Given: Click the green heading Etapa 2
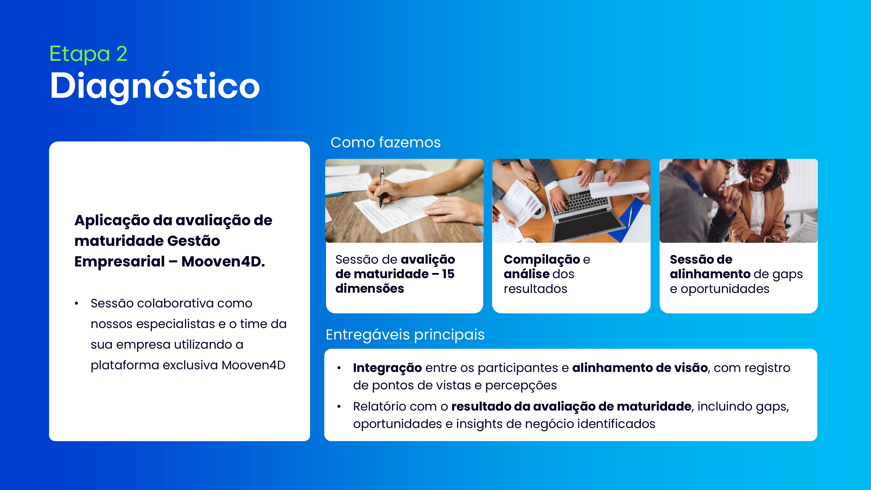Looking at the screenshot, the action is point(88,53).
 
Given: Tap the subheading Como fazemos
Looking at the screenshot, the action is point(386,142).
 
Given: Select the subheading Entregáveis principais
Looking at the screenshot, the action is point(405,335).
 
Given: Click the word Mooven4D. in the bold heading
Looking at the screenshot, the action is point(223,261).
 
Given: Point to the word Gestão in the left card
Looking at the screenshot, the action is point(193,241).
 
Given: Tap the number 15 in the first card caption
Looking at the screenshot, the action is point(448,274).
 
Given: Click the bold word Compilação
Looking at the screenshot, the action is point(542,260).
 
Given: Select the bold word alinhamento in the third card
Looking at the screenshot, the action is point(710,274).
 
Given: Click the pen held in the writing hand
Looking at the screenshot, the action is point(382,188).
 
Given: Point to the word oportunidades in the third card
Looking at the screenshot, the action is point(725,289).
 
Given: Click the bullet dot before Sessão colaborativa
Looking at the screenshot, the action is point(76,303).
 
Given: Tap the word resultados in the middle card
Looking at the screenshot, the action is point(535,289).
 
